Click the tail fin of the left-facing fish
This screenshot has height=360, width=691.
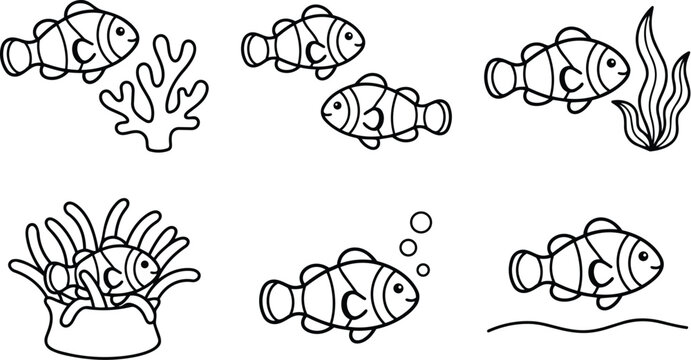click(x=436, y=116)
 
